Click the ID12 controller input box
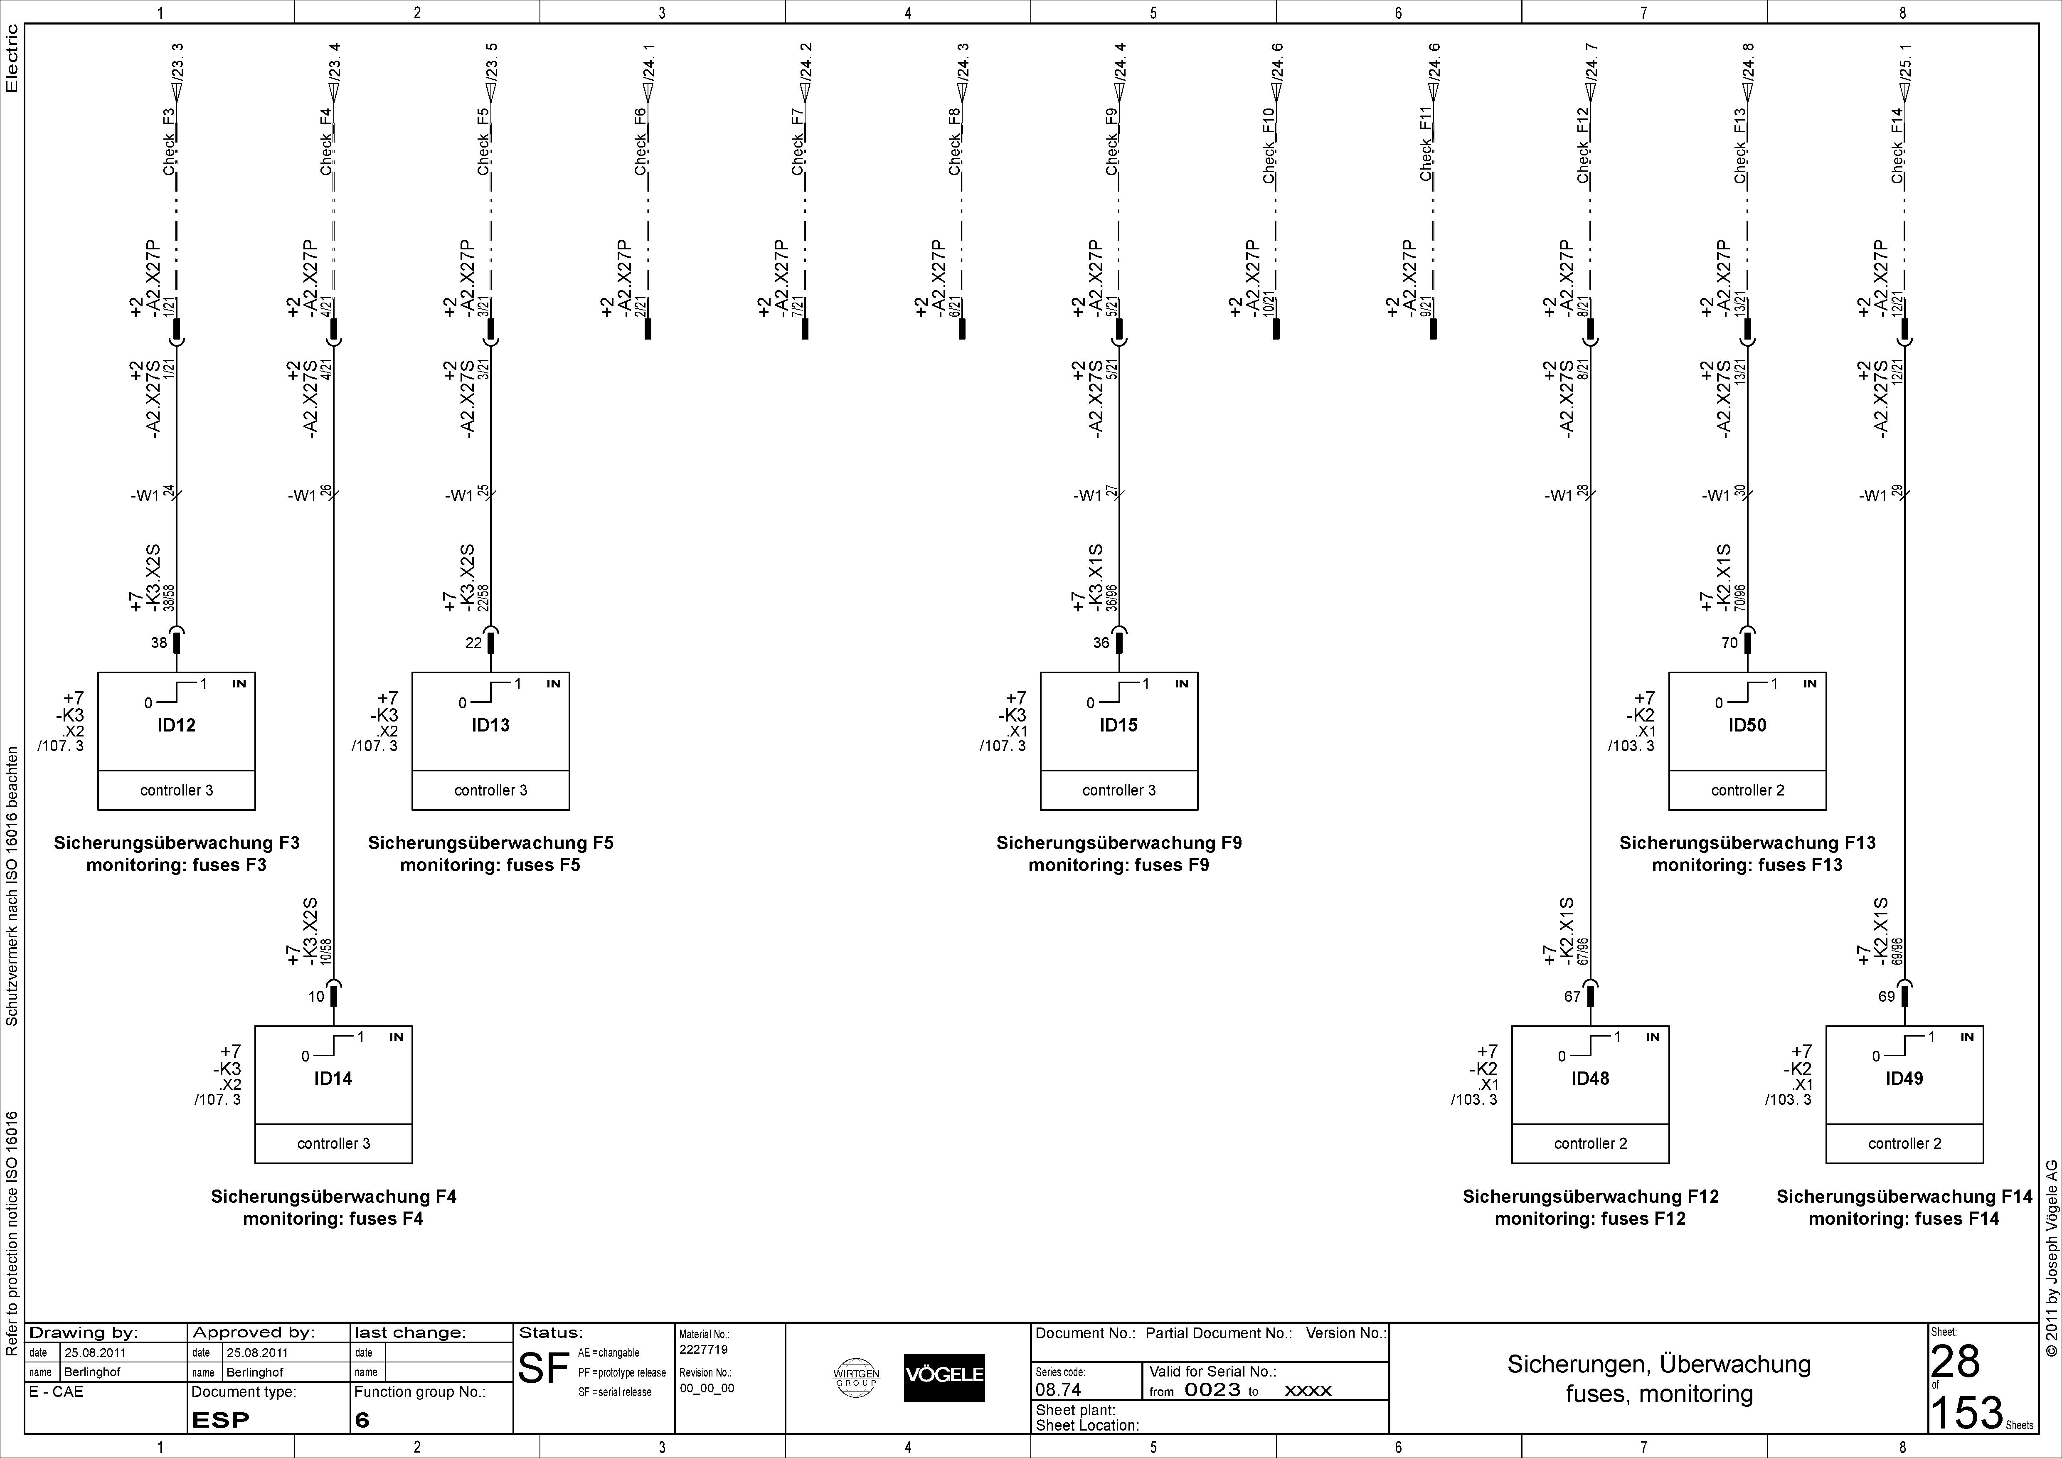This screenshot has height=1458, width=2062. [176, 741]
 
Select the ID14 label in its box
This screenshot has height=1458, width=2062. [333, 1078]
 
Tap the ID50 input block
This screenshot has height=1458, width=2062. [1747, 741]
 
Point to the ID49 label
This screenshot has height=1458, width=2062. [1904, 1078]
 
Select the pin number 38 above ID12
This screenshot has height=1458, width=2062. [159, 643]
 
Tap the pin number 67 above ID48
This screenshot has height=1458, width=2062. [1572, 997]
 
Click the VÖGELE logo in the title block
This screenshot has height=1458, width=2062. [944, 1377]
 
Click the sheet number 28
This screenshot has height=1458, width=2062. [1955, 1362]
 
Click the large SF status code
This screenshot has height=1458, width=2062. [544, 1368]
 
